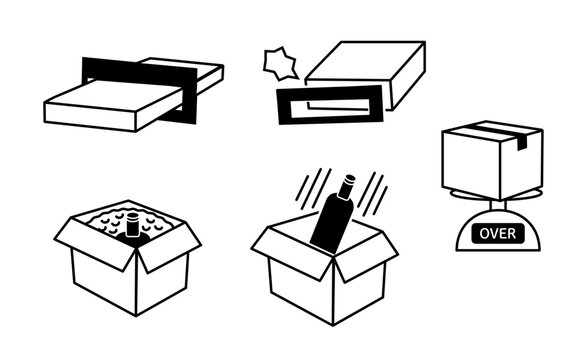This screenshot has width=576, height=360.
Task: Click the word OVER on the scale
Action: point(497,234)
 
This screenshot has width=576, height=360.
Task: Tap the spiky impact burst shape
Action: point(280,64)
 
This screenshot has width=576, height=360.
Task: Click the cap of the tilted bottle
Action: point(347,186)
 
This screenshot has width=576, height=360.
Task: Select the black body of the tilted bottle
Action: point(331,224)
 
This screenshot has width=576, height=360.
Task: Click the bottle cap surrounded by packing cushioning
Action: point(132,224)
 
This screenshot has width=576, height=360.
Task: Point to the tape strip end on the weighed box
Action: point(522,143)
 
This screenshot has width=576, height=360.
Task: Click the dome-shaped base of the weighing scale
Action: point(498,232)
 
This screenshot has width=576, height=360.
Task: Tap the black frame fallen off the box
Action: point(330,105)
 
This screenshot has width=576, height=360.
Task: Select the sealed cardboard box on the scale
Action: point(492,160)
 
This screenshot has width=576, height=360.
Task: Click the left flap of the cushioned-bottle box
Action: point(94,244)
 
